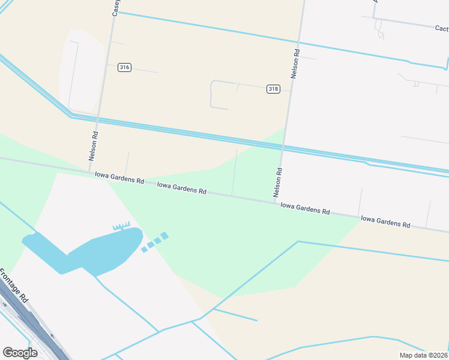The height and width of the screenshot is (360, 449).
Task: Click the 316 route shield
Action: (124, 67)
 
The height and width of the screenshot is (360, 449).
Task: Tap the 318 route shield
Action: (273, 89)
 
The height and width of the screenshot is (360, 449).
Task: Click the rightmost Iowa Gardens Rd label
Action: (385, 222)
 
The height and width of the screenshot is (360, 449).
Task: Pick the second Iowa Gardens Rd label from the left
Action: (182, 188)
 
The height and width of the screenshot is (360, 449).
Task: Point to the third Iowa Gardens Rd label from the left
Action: (305, 208)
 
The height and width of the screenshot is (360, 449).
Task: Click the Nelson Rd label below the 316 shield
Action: (93, 146)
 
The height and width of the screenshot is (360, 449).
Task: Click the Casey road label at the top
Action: (116, 7)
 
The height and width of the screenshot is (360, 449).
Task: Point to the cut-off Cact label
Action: (442, 28)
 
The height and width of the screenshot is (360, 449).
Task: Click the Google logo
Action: (20, 352)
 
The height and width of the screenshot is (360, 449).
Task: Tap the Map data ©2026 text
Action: (424, 355)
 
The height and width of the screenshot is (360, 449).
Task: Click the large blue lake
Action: (90, 251)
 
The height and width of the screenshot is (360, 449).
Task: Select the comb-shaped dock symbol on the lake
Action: (121, 226)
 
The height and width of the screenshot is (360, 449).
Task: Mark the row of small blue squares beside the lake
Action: (155, 242)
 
